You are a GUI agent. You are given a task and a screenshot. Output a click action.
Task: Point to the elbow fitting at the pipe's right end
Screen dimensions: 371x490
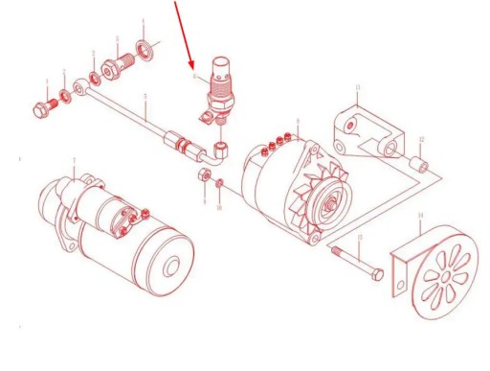coord(221,150)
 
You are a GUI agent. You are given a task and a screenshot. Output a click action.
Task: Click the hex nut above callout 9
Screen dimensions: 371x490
coord(202,176)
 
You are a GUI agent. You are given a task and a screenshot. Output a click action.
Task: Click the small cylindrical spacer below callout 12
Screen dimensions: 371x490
coord(418,166)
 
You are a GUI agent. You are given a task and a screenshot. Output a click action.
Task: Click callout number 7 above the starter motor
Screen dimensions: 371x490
coord(74,159)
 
